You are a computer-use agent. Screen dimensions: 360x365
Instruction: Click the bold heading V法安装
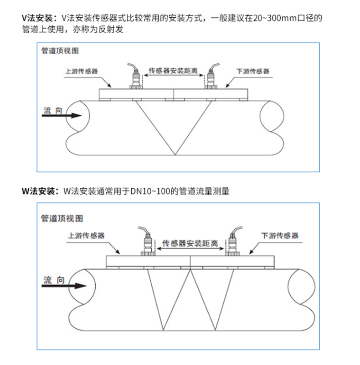pyautogui.click(x=37, y=18)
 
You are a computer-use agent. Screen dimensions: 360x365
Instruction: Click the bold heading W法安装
pyautogui.click(x=38, y=191)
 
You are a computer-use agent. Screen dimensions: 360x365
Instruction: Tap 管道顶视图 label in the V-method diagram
pyautogui.click(x=60, y=51)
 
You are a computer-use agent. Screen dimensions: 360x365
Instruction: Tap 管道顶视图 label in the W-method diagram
pyautogui.click(x=62, y=218)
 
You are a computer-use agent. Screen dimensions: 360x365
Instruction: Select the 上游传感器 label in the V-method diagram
pyautogui.click(x=82, y=71)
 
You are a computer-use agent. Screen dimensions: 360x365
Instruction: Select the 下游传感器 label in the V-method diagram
pyautogui.click(x=253, y=71)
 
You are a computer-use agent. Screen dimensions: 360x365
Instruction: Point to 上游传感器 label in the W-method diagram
pyautogui.click(x=86, y=236)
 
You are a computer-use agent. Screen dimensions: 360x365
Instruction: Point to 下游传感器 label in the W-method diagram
pyautogui.click(x=280, y=236)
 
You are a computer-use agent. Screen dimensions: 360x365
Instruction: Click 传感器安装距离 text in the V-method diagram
pyautogui.click(x=173, y=71)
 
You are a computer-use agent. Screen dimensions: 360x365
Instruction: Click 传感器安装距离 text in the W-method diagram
pyautogui.click(x=190, y=243)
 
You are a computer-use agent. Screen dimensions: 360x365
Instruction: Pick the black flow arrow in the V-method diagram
pyautogui.click(x=62, y=115)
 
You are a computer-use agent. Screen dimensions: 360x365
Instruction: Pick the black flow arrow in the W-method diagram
pyautogui.click(x=64, y=286)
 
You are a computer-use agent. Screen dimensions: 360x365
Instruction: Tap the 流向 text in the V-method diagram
pyautogui.click(x=53, y=110)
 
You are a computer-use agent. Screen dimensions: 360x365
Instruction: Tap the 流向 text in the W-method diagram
pyautogui.click(x=54, y=280)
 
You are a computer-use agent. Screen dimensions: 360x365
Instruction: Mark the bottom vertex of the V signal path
pyautogui.click(x=175, y=155)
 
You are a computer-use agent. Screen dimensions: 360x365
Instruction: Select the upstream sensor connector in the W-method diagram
pyautogui.click(x=147, y=241)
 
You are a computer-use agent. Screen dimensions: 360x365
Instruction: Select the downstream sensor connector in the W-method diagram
pyautogui.click(x=233, y=241)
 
